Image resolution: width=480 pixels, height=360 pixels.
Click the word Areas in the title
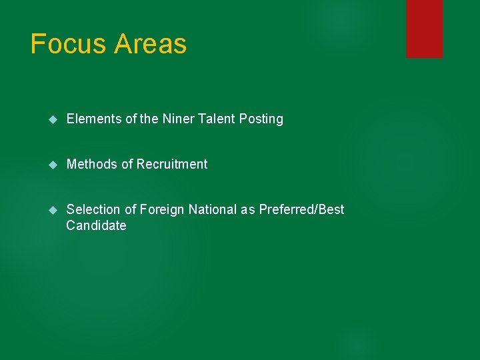coord(151,44)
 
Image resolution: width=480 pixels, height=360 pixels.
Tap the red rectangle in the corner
coord(424,28)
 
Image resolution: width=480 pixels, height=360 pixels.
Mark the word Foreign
coord(162,209)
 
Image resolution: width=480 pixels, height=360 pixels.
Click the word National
coord(213,209)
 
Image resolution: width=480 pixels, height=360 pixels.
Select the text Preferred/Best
coord(301,209)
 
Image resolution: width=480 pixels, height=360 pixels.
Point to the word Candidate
coord(96,225)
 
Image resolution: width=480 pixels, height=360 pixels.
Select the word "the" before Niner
coord(149,119)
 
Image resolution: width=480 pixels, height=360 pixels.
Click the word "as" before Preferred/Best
coord(248,209)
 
